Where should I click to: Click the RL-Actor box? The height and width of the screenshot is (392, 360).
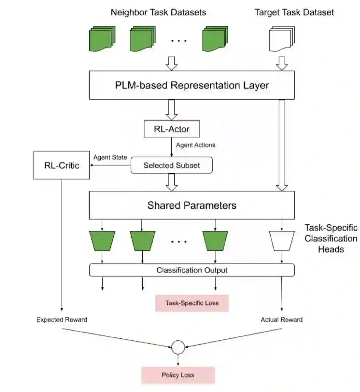(x=172, y=129)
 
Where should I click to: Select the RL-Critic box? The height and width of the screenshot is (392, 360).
(x=61, y=165)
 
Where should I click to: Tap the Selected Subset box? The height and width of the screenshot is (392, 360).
(x=172, y=165)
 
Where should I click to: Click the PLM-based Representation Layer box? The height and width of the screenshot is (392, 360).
(x=192, y=85)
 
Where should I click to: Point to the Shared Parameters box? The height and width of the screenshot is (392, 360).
(x=192, y=205)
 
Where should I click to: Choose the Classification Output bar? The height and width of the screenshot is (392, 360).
(x=192, y=270)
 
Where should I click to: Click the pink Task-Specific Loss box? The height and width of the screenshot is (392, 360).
(x=192, y=303)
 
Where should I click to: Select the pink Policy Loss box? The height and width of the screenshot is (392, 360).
(x=178, y=375)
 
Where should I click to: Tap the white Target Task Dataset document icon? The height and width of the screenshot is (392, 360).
(x=282, y=39)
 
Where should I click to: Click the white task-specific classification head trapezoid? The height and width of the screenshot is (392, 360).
(x=282, y=241)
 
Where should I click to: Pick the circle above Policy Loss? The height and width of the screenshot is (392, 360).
(x=178, y=347)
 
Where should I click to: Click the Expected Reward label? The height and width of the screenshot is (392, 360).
(x=61, y=320)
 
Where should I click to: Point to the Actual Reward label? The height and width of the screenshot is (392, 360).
(x=282, y=320)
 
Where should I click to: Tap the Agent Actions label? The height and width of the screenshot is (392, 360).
(x=196, y=145)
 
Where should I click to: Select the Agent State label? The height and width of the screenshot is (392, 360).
(x=110, y=157)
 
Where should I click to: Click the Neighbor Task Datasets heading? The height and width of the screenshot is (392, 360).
(x=158, y=12)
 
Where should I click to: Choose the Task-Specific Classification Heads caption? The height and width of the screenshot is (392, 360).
(x=331, y=238)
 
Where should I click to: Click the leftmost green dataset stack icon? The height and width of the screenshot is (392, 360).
(x=102, y=39)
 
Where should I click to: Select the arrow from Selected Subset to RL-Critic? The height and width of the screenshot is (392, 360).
(x=111, y=165)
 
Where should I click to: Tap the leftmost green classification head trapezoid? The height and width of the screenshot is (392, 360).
(x=102, y=241)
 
